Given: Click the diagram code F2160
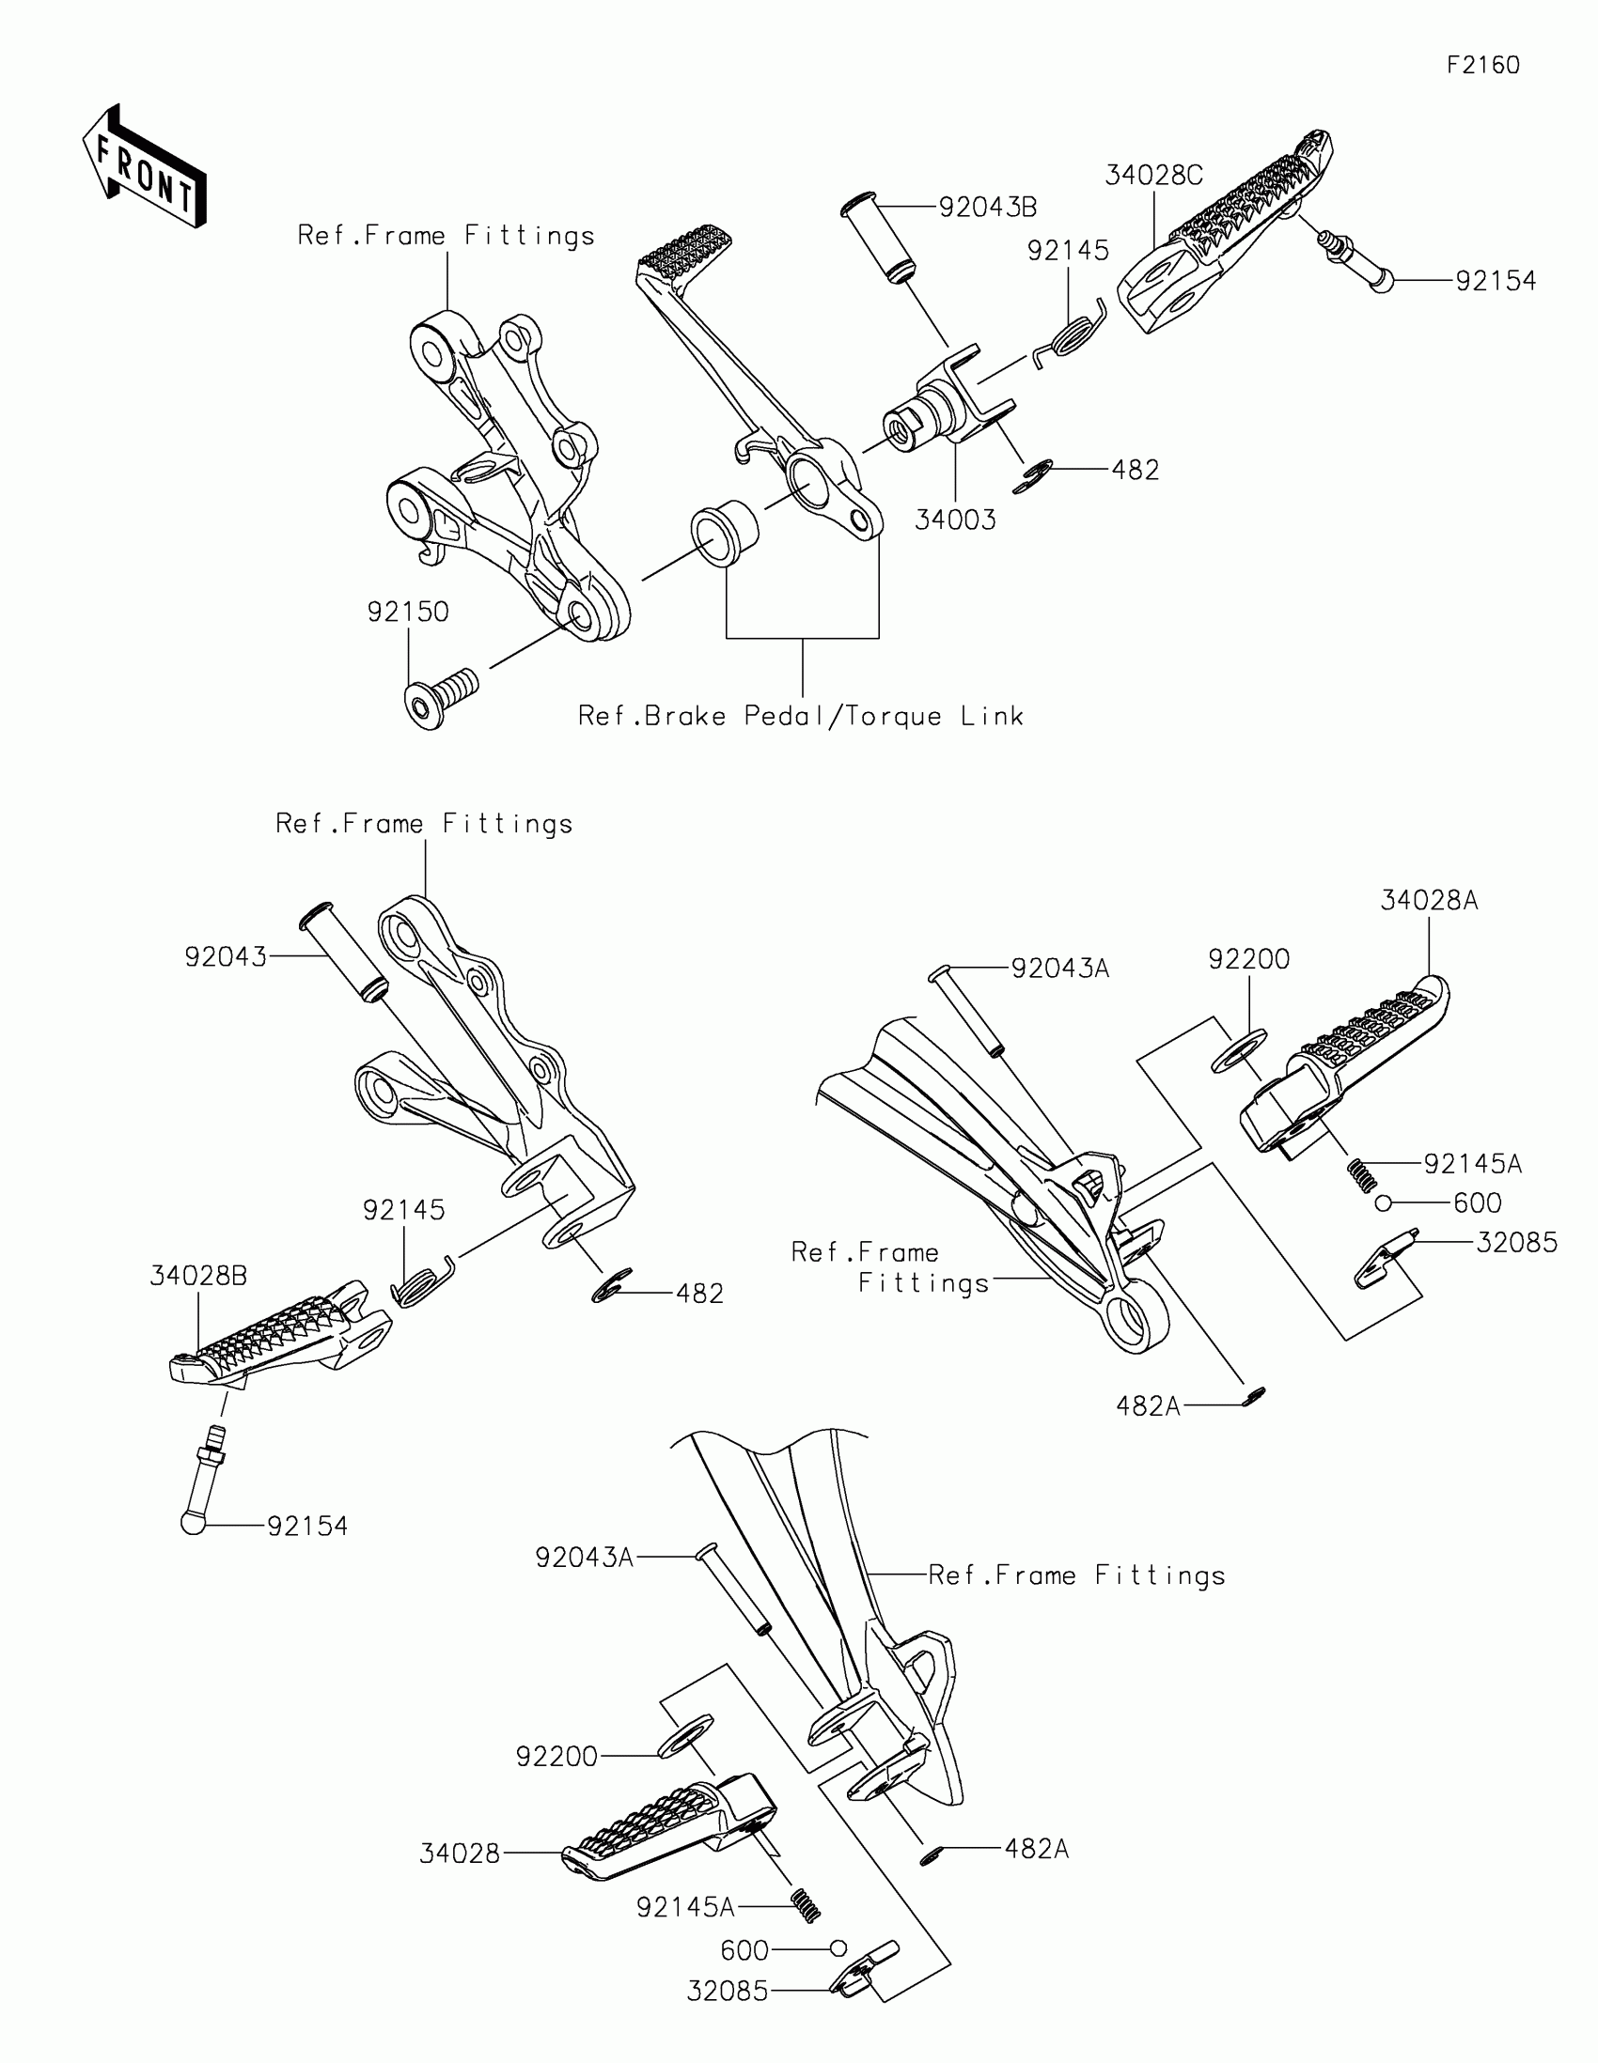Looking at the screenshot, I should pyautogui.click(x=1482, y=65).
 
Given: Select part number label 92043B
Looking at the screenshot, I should pyautogui.click(x=988, y=207).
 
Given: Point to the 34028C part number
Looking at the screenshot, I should pyautogui.click(x=1153, y=175).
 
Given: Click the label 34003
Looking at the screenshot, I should pyautogui.click(x=955, y=520).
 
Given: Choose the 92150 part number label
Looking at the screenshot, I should pyautogui.click(x=407, y=613).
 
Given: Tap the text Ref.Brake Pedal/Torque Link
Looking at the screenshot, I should pyautogui.click(x=801, y=716).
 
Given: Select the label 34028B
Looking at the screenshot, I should pyautogui.click(x=198, y=1276).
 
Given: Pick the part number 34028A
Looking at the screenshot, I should pyautogui.click(x=1429, y=900).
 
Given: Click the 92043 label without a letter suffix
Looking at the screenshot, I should pyautogui.click(x=226, y=957).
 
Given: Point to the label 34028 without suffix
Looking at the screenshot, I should pyautogui.click(x=460, y=1854).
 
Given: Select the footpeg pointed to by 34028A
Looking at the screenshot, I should pyautogui.click(x=1342, y=1067).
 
